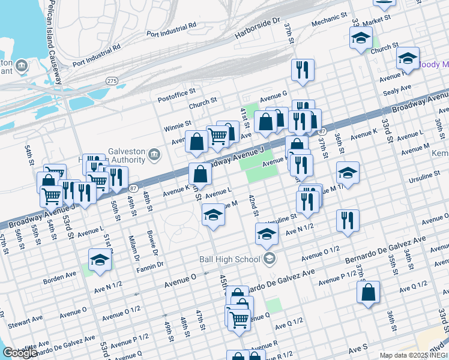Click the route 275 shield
click(x=112, y=80)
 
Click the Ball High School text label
click(x=231, y=259)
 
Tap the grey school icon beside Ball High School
click(x=270, y=259)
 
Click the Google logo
click(x=20, y=352)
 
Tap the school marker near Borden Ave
click(x=100, y=260)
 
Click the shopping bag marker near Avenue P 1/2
click(x=368, y=293)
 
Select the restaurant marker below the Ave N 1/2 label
click(x=348, y=221)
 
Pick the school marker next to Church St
click(x=361, y=38)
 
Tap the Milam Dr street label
click(x=133, y=244)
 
